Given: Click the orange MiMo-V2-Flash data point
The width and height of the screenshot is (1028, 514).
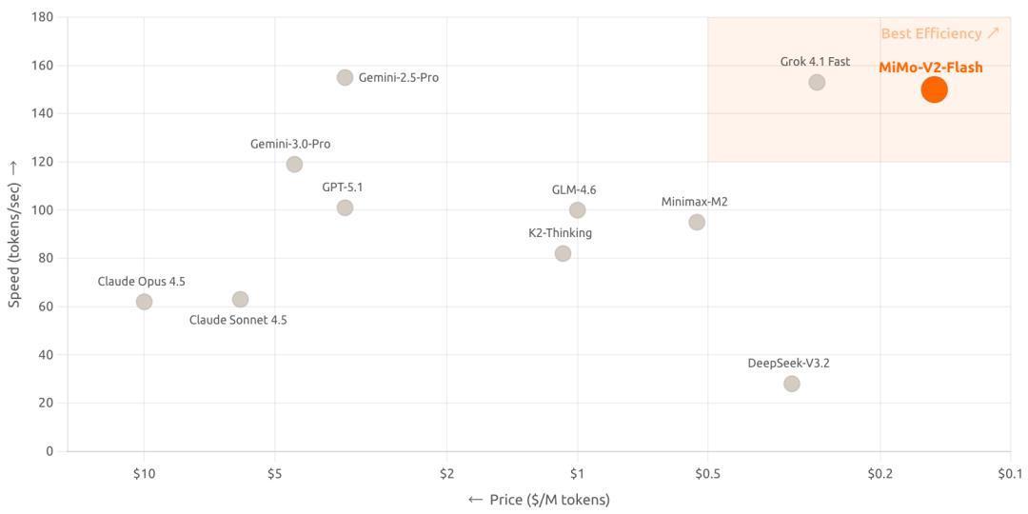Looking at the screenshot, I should coord(934,89).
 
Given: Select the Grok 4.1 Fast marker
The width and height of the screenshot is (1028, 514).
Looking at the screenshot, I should coord(817,83).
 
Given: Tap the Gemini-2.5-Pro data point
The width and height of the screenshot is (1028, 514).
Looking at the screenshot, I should coord(345,77).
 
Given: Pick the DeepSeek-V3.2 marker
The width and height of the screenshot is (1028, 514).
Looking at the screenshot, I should coord(791,384).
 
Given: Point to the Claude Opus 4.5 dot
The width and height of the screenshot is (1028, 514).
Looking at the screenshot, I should coord(144,302).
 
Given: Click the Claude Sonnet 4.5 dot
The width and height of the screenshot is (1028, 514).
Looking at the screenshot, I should coord(240,300).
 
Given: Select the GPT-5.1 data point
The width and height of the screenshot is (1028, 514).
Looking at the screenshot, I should coord(345,208).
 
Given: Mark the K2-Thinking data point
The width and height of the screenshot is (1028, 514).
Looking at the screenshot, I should coord(563,253).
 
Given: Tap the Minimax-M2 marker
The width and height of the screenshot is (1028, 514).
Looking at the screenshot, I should coord(697,222).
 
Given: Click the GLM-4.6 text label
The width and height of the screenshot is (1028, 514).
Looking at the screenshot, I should coord(574,190).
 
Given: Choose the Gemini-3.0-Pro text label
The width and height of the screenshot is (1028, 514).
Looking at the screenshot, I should coord(290,145).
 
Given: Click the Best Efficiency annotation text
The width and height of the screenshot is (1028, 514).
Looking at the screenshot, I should coord(939,33).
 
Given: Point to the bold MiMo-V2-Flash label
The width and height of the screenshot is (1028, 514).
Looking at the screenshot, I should coord(930,68).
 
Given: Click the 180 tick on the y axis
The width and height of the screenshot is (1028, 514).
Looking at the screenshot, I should coord(42,17).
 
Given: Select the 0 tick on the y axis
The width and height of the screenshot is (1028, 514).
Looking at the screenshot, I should coord(49,451).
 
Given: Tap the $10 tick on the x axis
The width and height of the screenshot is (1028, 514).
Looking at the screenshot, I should coord(144,473).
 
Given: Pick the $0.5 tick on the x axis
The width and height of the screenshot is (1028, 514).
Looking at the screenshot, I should coord(707,473).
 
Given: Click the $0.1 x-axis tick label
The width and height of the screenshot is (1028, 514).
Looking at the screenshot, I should coord(1009,473).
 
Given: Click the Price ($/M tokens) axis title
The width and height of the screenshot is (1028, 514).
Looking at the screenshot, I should coord(539,500).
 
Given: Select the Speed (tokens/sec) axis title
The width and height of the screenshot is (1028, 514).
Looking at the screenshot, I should coord(13,233).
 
